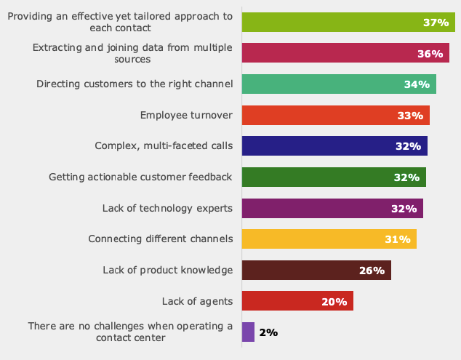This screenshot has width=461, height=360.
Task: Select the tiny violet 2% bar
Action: pos(248,332)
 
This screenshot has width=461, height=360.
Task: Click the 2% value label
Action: pos(268,332)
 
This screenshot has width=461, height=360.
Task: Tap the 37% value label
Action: pos(436,23)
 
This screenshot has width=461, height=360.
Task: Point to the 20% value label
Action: pos(334,302)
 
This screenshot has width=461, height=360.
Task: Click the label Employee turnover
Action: pos(186,115)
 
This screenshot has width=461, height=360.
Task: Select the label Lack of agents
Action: pos(198,301)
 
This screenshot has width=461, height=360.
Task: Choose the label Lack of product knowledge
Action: pos(168,271)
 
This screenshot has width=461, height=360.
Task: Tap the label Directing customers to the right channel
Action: pos(135,84)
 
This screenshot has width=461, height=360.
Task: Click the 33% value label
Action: pos(410,116)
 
